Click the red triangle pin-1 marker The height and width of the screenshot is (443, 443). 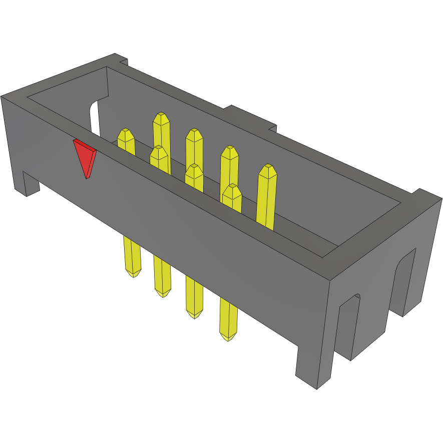(x=86, y=156)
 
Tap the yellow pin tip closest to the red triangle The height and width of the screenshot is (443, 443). (x=126, y=136)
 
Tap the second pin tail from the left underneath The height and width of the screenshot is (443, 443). (x=162, y=291)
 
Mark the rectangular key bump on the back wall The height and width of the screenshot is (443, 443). (x=250, y=118)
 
